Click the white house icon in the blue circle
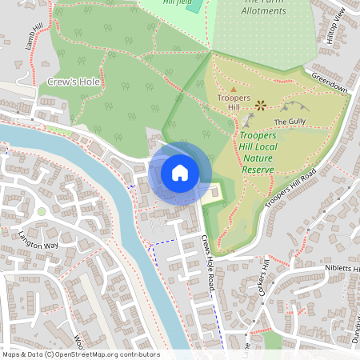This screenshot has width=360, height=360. click(179, 173)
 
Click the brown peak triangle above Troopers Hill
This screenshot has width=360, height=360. click(233, 89)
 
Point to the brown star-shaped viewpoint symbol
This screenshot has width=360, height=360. click(260, 104)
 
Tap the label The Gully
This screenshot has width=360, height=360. click(290, 122)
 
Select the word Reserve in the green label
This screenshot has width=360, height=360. click(257, 170)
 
